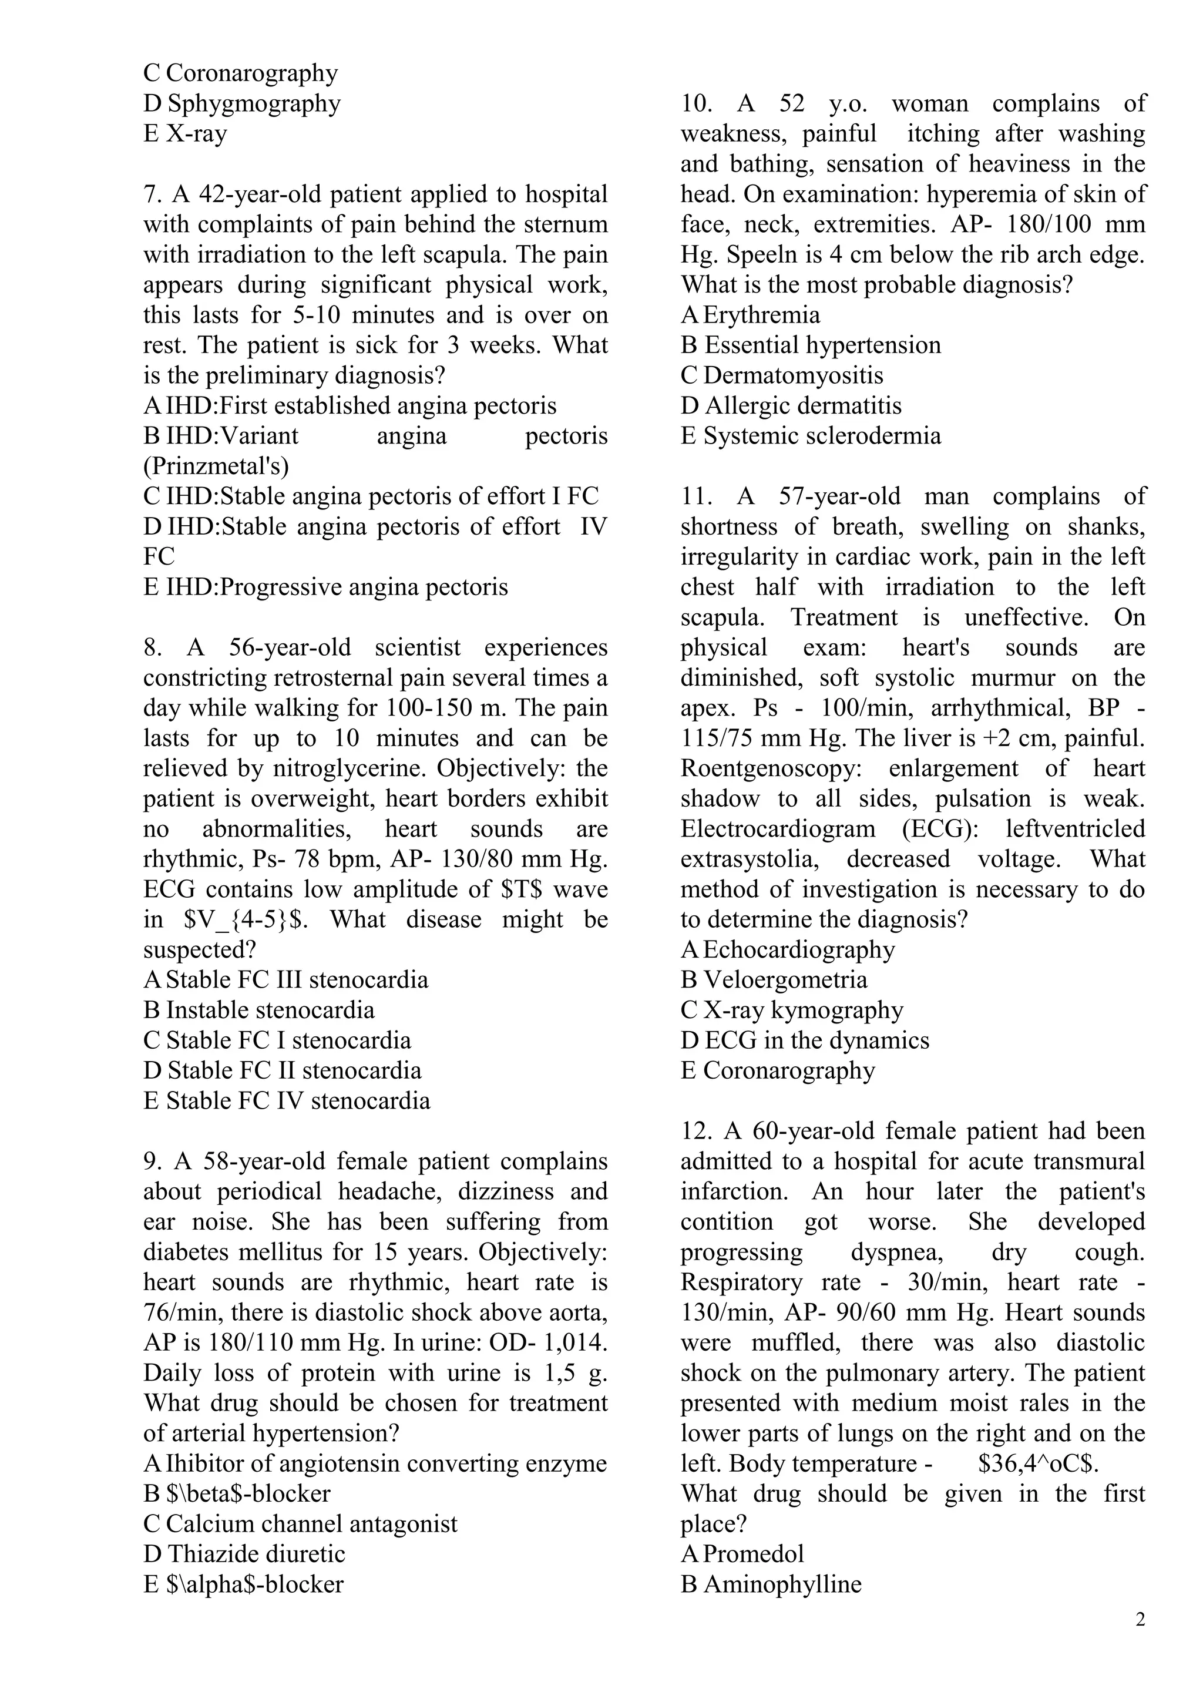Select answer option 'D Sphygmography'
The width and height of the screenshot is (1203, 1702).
coord(241,103)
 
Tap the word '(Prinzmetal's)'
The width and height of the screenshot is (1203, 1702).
coord(216,466)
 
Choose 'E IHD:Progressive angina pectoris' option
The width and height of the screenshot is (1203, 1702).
coord(325,587)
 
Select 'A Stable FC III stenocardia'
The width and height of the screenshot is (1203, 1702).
coord(285,980)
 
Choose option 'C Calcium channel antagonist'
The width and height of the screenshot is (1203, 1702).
coord(300,1524)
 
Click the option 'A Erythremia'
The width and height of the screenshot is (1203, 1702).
coord(750,315)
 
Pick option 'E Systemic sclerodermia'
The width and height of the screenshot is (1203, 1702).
coord(811,436)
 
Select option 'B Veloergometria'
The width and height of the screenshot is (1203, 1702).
coord(774,980)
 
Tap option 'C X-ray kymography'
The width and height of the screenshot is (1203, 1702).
coord(792,1011)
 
